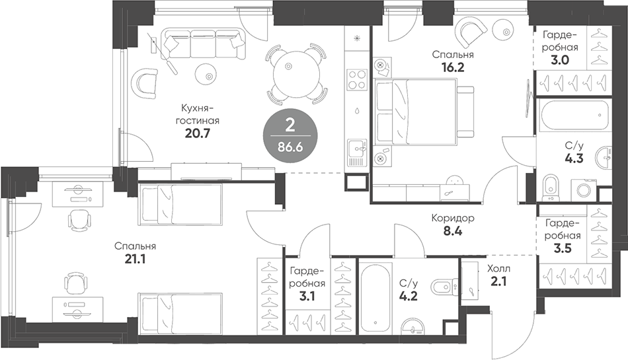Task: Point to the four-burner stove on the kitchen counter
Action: pos(357,79)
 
